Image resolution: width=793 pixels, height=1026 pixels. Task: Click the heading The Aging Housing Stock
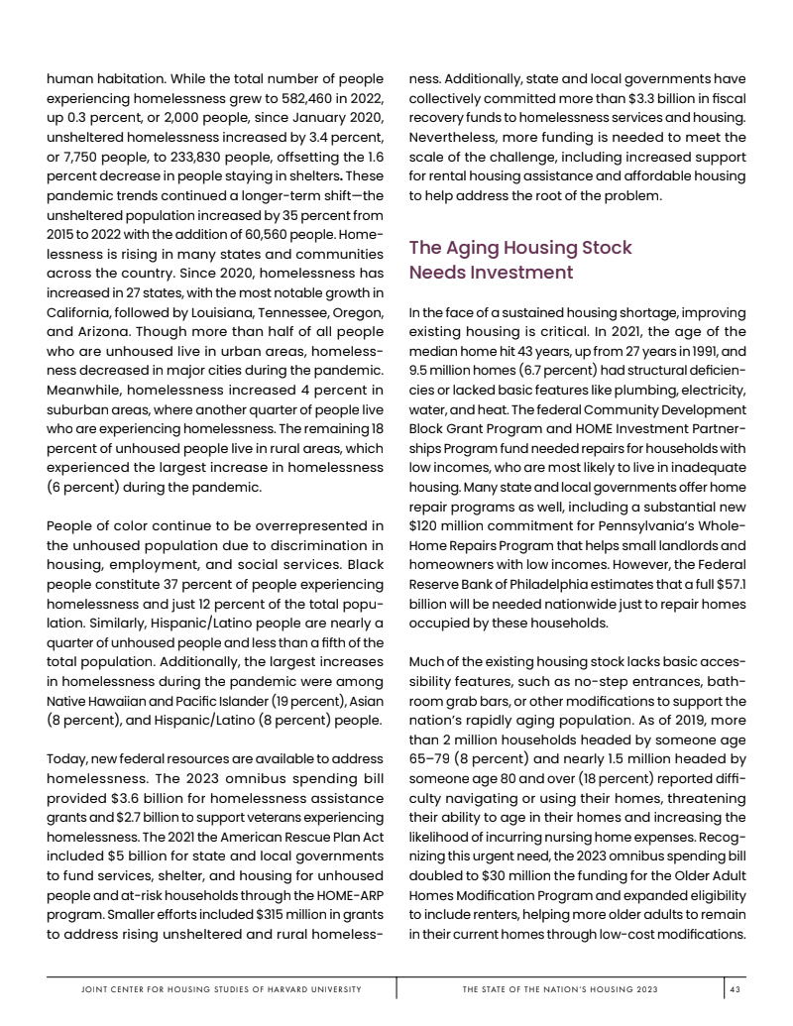520,248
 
